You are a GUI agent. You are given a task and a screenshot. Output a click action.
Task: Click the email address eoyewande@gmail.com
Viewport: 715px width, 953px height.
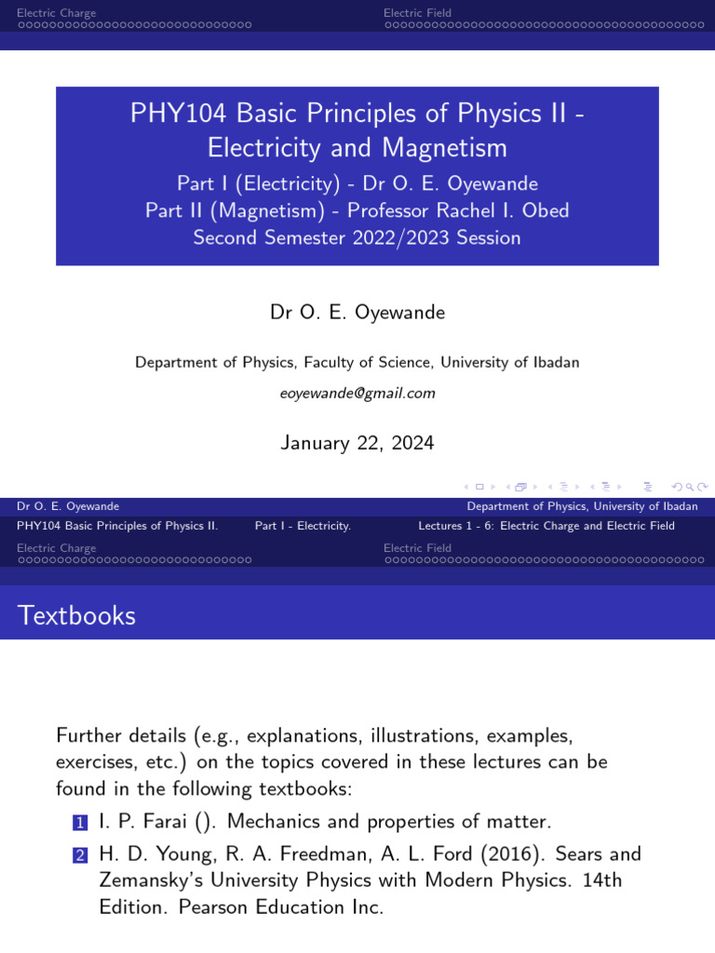[x=357, y=394]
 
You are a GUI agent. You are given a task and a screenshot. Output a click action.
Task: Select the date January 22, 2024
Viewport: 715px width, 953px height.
[x=357, y=443]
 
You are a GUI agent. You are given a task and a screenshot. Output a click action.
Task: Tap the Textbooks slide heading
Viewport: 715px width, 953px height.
[x=77, y=615]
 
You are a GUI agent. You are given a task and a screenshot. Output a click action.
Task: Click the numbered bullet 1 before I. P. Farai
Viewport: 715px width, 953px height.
[x=79, y=823]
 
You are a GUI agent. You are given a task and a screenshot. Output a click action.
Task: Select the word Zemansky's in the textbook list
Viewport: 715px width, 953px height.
[x=156, y=880]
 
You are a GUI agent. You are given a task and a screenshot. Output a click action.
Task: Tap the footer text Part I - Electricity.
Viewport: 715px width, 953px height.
[x=303, y=526]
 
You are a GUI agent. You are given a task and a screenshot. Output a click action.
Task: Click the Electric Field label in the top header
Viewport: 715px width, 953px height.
[x=417, y=13]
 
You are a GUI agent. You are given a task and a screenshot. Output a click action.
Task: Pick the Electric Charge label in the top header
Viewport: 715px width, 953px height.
[x=56, y=13]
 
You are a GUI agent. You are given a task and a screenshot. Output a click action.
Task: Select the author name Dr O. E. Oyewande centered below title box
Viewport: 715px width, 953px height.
[x=357, y=313]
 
